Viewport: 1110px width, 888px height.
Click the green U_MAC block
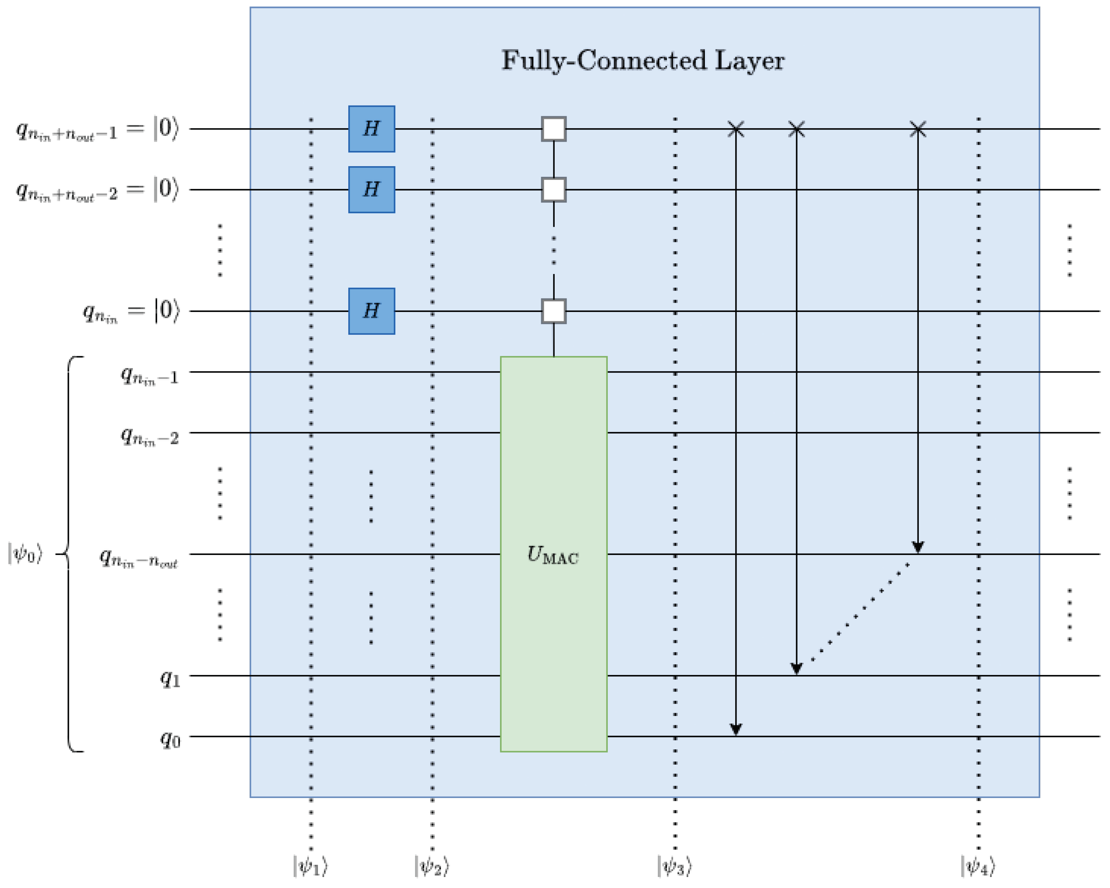pos(554,554)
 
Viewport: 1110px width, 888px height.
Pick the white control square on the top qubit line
pos(554,129)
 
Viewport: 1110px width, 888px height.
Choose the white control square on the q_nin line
pos(554,311)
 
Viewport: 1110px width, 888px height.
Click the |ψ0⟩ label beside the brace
pos(25,554)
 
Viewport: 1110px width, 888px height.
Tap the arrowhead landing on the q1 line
pos(796,668)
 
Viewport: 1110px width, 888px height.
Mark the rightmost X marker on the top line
pos(918,129)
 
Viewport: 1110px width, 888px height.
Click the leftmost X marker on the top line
pos(736,129)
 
